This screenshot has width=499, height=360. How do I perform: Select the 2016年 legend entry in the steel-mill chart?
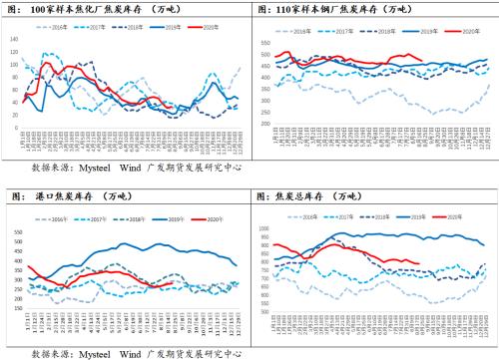(297, 33)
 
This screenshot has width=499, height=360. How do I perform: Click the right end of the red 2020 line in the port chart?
(173, 282)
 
